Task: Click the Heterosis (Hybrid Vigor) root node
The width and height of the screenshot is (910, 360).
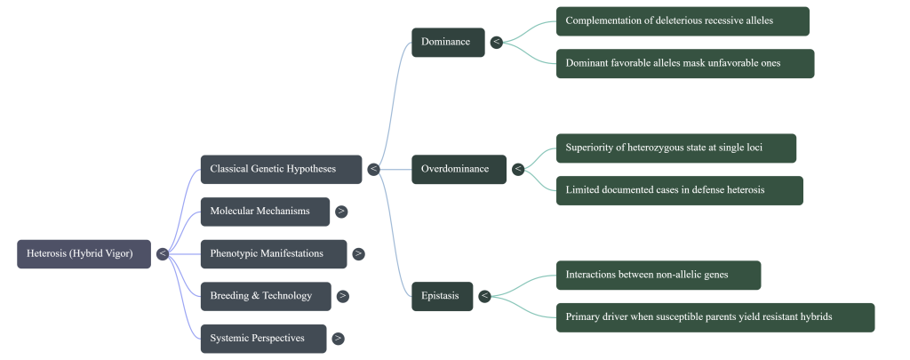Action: pos(84,253)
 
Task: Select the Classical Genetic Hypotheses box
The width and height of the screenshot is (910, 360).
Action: pos(281,169)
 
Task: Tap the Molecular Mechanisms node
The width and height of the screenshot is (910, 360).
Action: pos(265,212)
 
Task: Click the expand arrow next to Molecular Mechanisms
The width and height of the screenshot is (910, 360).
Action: pos(341,212)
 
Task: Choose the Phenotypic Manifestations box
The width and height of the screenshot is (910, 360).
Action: pos(273,253)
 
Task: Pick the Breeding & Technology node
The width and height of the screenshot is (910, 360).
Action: pos(265,296)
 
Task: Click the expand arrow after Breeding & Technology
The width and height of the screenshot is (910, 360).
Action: pos(342,296)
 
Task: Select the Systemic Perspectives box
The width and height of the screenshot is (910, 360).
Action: pos(263,338)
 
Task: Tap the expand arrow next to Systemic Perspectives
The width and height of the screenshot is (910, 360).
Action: pos(338,338)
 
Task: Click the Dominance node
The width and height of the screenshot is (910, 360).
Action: pos(448,42)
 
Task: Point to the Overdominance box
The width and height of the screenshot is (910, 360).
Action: pos(459,169)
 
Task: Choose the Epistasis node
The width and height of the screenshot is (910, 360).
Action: pos(442,296)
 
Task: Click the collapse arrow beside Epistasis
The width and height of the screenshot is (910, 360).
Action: pos(484,296)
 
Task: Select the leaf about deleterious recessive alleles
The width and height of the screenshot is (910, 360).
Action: pos(682,21)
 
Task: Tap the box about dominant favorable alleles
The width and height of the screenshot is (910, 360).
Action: pos(684,63)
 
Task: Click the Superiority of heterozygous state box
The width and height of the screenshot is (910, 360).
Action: pos(675,148)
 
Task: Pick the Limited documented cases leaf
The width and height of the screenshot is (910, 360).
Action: pos(679,190)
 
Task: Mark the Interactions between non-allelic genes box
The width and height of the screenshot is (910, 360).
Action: pos(658,275)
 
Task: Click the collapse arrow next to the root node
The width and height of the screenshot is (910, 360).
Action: pos(162,253)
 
